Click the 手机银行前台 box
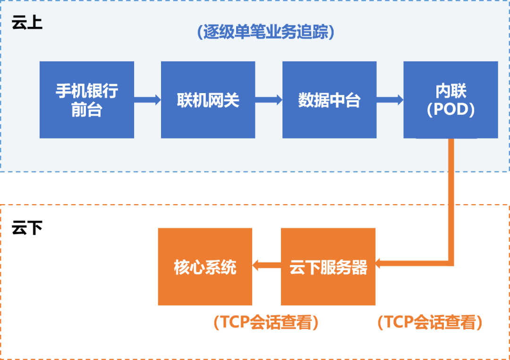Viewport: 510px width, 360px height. [x=86, y=100]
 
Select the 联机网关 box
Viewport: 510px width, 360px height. [x=208, y=100]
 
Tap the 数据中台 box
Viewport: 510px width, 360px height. [x=329, y=100]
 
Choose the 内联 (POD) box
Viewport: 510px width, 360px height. [x=450, y=100]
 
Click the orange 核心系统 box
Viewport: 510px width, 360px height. [x=205, y=267]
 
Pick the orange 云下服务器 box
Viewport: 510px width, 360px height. [x=328, y=267]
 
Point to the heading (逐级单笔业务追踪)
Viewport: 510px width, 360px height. [x=265, y=32]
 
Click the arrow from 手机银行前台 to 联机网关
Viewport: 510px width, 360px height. [x=147, y=100]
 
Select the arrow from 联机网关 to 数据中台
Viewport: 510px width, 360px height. [x=269, y=100]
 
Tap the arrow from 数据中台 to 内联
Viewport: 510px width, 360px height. [x=390, y=100]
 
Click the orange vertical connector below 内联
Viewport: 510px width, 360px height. [x=451, y=198]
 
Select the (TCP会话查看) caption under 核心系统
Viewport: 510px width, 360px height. [x=266, y=323]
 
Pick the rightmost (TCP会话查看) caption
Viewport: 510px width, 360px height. [x=430, y=323]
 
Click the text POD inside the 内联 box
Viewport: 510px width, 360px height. [x=450, y=110]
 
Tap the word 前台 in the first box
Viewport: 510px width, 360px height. [x=86, y=110]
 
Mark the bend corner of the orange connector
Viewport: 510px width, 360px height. [x=451, y=263]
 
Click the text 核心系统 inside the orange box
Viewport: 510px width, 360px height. [x=205, y=267]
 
